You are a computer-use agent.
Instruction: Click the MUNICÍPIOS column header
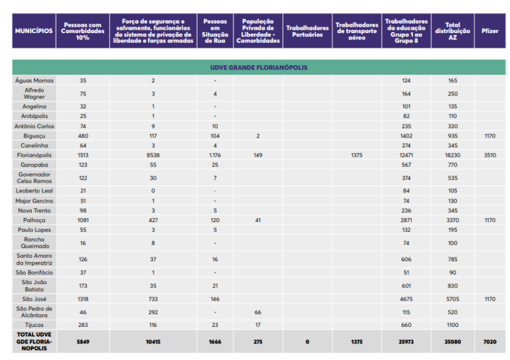pos(34,31)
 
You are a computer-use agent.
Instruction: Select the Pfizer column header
pos(490,31)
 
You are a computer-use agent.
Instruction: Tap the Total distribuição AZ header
pos(453,31)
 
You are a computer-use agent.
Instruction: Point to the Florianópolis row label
pos(34,155)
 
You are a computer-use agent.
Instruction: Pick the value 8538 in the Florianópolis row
pos(153,155)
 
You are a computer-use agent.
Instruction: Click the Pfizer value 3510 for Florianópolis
pos(490,155)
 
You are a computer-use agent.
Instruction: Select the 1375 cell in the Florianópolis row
pos(356,155)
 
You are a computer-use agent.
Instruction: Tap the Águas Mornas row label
pos(34,81)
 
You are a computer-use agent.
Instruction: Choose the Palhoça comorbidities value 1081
pos(83,220)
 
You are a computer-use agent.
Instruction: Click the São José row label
pos(34,298)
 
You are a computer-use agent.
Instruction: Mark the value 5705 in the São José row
pos(453,298)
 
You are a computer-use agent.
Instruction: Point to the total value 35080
pos(453,341)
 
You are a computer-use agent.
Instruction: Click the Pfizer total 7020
pos(490,341)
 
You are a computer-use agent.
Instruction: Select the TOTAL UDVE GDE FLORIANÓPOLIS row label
pos(34,341)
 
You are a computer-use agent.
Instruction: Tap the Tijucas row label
pos(34,324)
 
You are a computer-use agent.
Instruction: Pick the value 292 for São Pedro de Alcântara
pos(153,312)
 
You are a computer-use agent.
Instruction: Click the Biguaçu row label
pos(34,136)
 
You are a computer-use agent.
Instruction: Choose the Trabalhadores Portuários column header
pos(307,31)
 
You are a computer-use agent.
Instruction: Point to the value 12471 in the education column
pos(406,155)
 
